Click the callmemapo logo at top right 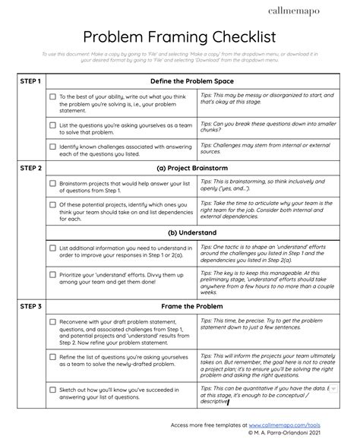click(x=319, y=11)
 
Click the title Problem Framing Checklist click(x=180, y=37)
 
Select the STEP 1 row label click(x=30, y=81)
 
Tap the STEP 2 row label click(x=30, y=169)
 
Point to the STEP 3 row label click(x=30, y=307)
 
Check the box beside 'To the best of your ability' click(x=52, y=97)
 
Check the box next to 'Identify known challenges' click(x=52, y=147)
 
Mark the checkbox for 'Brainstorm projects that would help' click(x=52, y=184)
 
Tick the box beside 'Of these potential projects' click(x=52, y=205)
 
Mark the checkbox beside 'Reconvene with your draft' click(x=52, y=322)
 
